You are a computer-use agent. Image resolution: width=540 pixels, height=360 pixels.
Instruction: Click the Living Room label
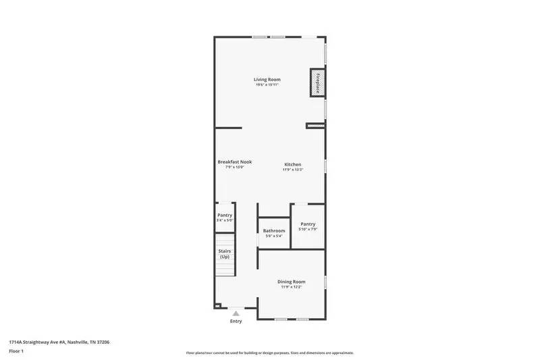tap(267, 80)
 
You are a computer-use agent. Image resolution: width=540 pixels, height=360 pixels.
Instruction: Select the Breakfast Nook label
tap(234, 162)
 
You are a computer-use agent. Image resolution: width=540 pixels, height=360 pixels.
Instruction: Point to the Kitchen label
tap(292, 165)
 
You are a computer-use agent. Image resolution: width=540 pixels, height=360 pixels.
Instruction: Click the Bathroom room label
tap(274, 231)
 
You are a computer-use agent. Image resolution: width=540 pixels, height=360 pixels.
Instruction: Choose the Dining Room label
tap(292, 282)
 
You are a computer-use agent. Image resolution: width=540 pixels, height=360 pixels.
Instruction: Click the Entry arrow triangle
tap(236, 313)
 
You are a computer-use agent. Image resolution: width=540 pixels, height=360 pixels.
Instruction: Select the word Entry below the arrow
tap(236, 322)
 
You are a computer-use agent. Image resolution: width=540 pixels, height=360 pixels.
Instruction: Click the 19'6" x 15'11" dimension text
tap(267, 85)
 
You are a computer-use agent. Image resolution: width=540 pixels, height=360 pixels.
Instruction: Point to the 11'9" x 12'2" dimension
tap(292, 287)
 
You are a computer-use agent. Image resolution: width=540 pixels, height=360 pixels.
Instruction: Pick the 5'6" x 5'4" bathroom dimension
tap(274, 236)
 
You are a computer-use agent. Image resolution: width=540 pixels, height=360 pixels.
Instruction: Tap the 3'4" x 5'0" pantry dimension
tap(225, 220)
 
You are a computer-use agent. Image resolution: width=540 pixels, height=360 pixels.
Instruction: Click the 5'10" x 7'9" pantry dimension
tap(308, 230)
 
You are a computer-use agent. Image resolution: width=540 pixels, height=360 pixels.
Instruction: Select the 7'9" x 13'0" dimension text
tap(234, 168)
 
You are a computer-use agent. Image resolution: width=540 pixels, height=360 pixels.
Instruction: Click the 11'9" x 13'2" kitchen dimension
tap(292, 170)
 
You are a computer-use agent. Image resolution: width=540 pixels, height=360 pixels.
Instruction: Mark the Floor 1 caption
tap(16, 352)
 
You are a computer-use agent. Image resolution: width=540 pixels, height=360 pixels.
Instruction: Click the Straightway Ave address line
tap(59, 342)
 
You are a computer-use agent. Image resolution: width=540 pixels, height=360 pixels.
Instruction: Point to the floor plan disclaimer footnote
tap(270, 353)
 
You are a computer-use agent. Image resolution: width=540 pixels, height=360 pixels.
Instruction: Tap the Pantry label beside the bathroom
tap(308, 224)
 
